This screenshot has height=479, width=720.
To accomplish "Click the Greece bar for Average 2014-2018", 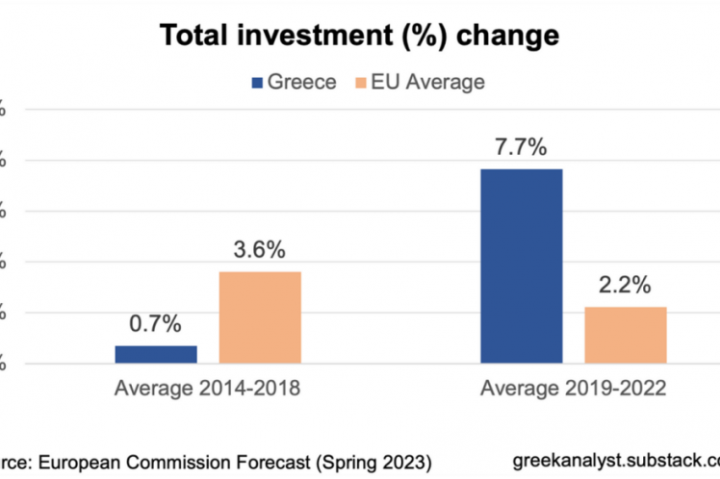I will pos(156,354).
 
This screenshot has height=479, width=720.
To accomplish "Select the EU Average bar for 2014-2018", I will pos(260,316).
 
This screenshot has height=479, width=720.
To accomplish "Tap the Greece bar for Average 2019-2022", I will pos(521,265).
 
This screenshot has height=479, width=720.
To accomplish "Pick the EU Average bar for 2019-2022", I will pos(625,335).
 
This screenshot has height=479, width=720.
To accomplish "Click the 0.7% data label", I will pos(156,324).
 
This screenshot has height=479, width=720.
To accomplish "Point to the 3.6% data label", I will pos(260,250).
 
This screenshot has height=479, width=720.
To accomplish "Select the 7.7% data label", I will pos(521,147).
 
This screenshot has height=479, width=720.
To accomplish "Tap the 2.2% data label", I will pos(625,286).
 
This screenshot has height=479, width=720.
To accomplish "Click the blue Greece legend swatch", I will pos(257,83).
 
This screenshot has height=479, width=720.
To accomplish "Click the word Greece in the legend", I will pos(301,83).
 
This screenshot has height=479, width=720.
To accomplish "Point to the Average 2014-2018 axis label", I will pos(209,390).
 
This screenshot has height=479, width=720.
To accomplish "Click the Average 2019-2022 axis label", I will pos(574,390).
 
